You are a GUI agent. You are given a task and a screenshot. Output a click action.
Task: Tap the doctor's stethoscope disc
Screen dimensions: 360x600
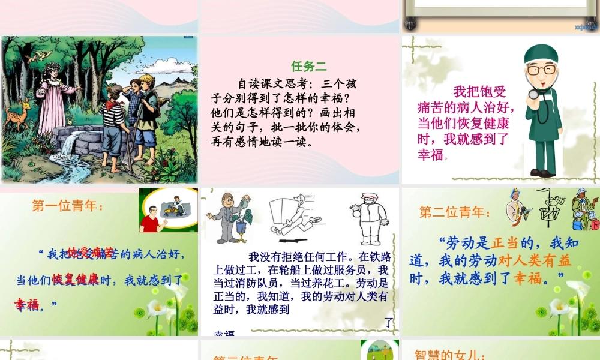tap(532, 94)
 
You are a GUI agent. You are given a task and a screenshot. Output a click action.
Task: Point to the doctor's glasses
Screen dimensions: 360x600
tap(542, 70)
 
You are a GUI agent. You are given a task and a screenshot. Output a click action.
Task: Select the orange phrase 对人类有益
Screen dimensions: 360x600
tap(536, 260)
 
